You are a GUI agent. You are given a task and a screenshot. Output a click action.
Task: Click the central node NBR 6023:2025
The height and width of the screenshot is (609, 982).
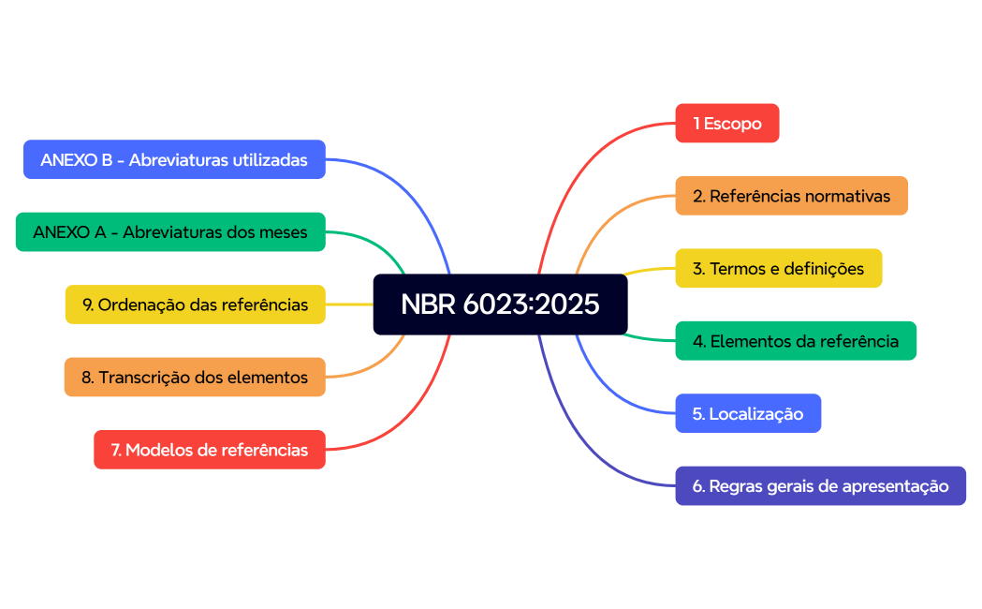pyautogui.click(x=500, y=304)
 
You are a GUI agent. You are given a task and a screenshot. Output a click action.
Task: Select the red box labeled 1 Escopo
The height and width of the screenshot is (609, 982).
pyautogui.click(x=726, y=123)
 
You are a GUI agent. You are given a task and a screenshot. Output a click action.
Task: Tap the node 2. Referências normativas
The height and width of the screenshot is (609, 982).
pyautogui.click(x=791, y=196)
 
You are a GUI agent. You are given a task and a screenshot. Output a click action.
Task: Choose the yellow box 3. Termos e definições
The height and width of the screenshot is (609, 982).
pyautogui.click(x=778, y=268)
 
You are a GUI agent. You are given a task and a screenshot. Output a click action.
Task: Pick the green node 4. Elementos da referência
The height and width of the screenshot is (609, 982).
pyautogui.click(x=795, y=341)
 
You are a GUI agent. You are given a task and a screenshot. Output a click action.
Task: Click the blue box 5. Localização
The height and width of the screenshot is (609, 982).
pyautogui.click(x=747, y=413)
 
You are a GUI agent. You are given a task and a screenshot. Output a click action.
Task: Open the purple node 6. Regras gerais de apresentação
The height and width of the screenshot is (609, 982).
pyautogui.click(x=820, y=486)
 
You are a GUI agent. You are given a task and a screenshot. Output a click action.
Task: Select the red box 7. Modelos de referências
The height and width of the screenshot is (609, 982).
pyautogui.click(x=210, y=450)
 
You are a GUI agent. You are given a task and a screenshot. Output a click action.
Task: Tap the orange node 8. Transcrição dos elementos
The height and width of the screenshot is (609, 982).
pyautogui.click(x=195, y=377)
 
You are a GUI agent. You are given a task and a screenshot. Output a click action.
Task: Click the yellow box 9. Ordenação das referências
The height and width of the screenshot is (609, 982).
pyautogui.click(x=195, y=304)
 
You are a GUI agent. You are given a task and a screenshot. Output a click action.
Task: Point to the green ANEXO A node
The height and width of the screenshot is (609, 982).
pyautogui.click(x=170, y=231)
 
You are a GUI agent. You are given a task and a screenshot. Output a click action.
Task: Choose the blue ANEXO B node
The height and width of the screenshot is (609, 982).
pyautogui.click(x=174, y=159)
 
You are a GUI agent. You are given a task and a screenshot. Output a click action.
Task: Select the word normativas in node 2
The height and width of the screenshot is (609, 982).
pyautogui.click(x=847, y=196)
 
